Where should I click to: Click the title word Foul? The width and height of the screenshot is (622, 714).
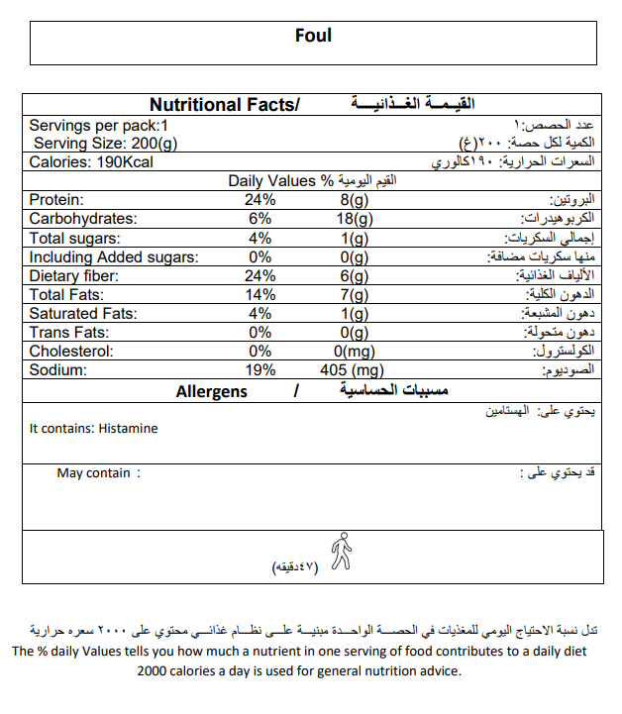point(313,37)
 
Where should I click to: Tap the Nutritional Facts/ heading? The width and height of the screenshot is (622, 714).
point(224,105)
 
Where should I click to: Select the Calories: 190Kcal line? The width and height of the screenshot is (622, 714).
point(91,162)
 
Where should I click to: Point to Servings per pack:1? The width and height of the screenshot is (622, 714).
point(99,126)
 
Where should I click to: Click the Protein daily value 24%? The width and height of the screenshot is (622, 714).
point(261,200)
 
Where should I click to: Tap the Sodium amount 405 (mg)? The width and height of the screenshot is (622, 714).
point(353,370)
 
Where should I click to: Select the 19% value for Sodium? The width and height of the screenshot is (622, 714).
point(260,370)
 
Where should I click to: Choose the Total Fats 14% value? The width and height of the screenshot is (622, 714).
point(260,294)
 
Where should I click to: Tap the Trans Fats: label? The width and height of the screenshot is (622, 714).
point(67,333)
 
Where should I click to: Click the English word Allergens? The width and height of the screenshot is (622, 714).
point(212,392)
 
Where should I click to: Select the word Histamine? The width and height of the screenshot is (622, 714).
point(129,429)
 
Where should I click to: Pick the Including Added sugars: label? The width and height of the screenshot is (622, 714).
point(113,256)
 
